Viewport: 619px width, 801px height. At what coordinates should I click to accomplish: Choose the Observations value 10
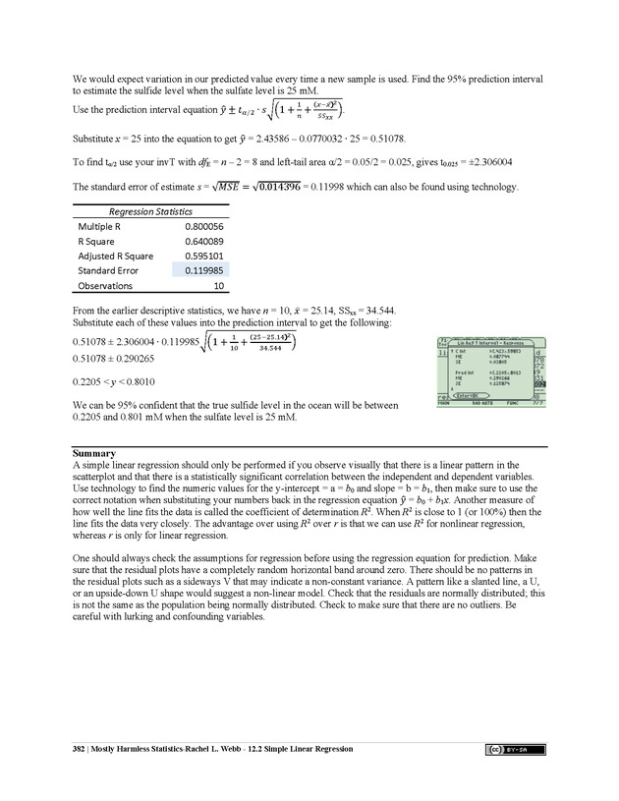(x=217, y=286)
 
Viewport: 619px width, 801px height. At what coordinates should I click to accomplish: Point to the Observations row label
(x=105, y=286)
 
